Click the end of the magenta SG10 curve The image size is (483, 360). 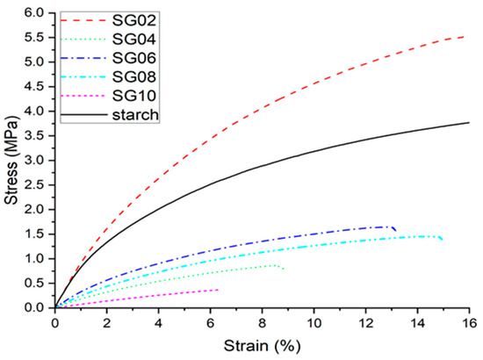[x=218, y=289]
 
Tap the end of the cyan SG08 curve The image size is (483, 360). [x=442, y=239]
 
